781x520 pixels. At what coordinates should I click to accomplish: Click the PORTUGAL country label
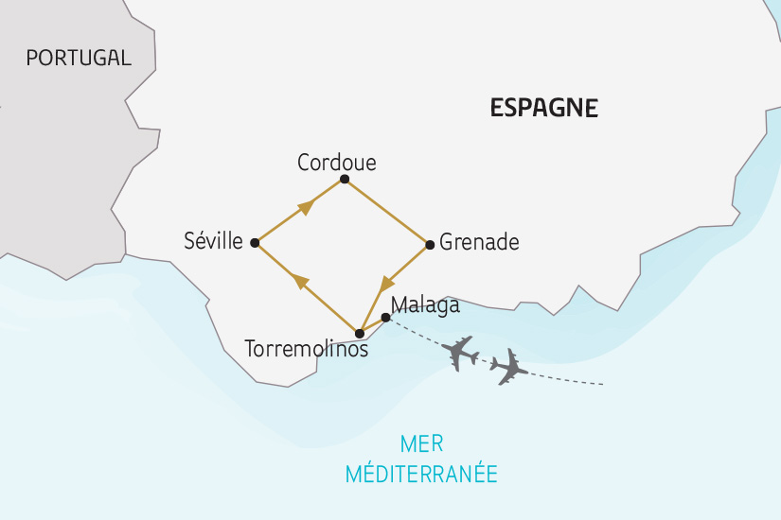pyautogui.click(x=79, y=58)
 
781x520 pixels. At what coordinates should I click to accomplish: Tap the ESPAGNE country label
pyautogui.click(x=543, y=107)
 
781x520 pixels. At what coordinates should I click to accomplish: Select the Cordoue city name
pyautogui.click(x=336, y=163)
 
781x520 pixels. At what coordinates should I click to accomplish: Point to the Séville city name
pyautogui.click(x=214, y=241)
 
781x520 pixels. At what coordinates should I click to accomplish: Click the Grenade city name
pyautogui.click(x=480, y=242)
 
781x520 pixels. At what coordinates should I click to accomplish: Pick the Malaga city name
pyautogui.click(x=425, y=305)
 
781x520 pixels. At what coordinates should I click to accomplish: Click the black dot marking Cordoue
pyautogui.click(x=345, y=179)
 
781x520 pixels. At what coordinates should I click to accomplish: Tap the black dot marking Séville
pyautogui.click(x=255, y=243)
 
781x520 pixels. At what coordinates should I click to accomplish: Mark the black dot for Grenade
pyautogui.click(x=430, y=244)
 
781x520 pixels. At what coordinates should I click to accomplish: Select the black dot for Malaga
pyautogui.click(x=384, y=317)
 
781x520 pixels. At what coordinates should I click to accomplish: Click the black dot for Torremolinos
pyautogui.click(x=359, y=333)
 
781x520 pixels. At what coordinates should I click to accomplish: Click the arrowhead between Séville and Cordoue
pyautogui.click(x=304, y=207)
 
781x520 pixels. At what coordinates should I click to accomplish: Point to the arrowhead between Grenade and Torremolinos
pyautogui.click(x=386, y=284)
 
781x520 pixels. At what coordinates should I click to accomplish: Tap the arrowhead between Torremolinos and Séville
pyautogui.click(x=300, y=281)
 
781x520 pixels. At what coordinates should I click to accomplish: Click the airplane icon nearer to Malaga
pyautogui.click(x=461, y=352)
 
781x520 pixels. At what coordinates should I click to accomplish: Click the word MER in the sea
pyautogui.click(x=421, y=443)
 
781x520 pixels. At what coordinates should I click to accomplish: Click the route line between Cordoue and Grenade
pyautogui.click(x=387, y=211)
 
